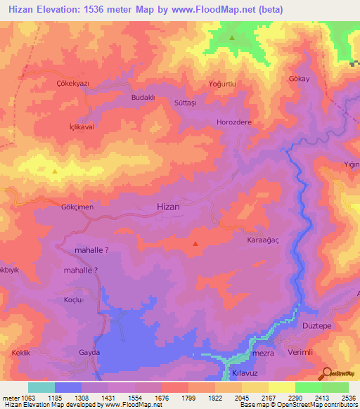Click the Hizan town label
[167, 207]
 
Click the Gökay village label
[299, 79]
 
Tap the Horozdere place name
[233, 122]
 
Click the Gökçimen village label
[77, 208]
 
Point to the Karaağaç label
[262, 240]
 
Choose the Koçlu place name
[74, 299]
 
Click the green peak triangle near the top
[231, 37]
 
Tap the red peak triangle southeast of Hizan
[195, 244]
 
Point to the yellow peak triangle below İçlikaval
[55, 170]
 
